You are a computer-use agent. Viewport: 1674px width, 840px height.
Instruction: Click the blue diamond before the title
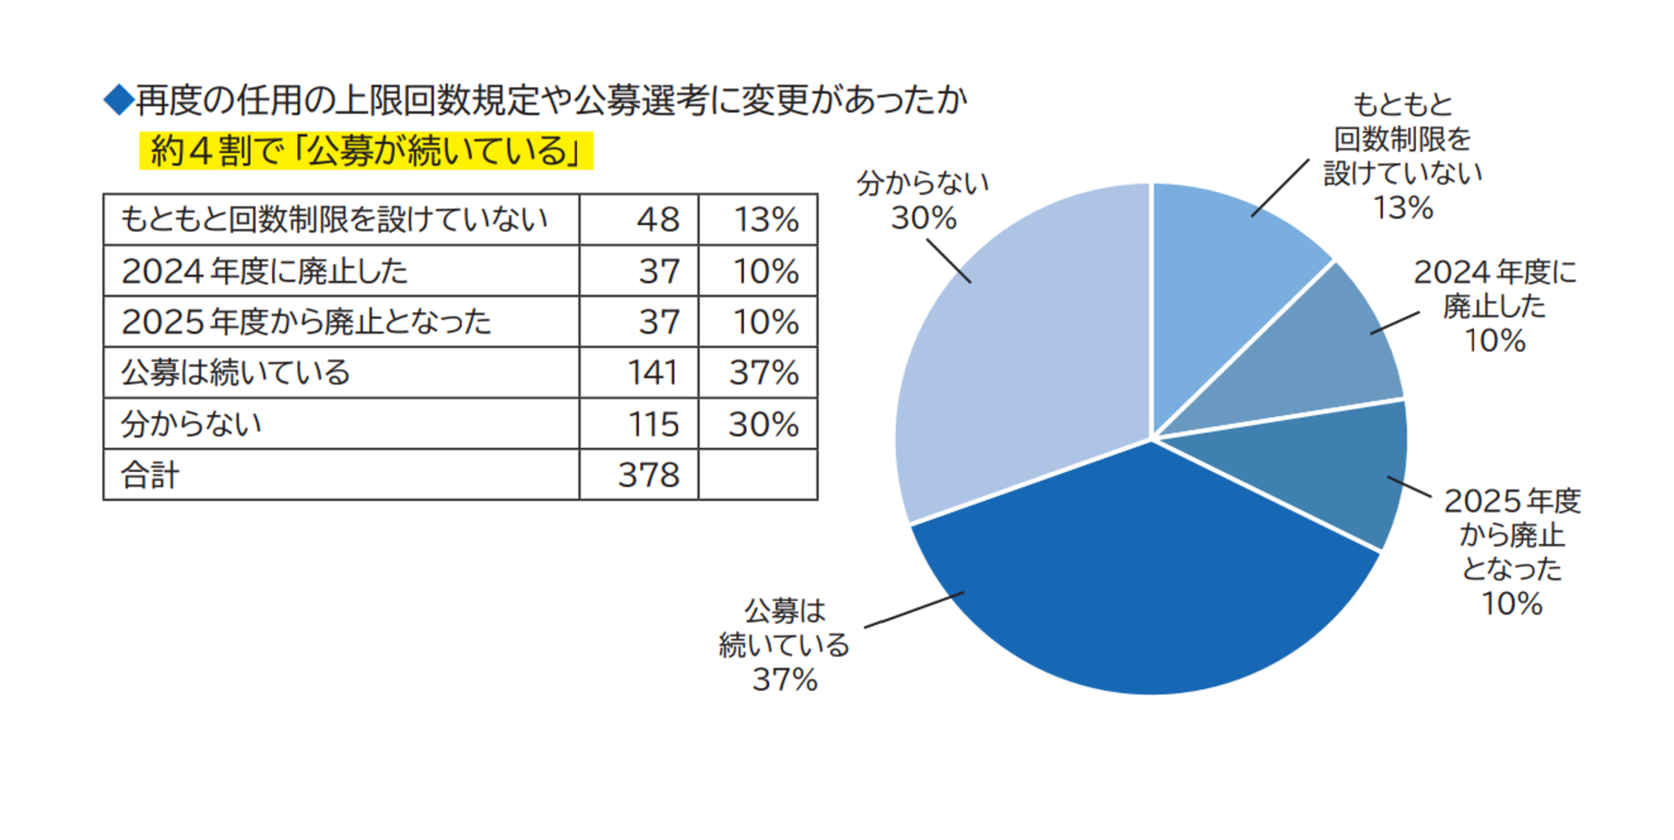point(119,100)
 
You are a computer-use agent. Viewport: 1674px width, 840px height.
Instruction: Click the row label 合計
point(150,475)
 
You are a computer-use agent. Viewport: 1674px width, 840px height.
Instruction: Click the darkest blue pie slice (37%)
point(1144,585)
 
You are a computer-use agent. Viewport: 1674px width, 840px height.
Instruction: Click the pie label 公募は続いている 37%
point(784,645)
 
